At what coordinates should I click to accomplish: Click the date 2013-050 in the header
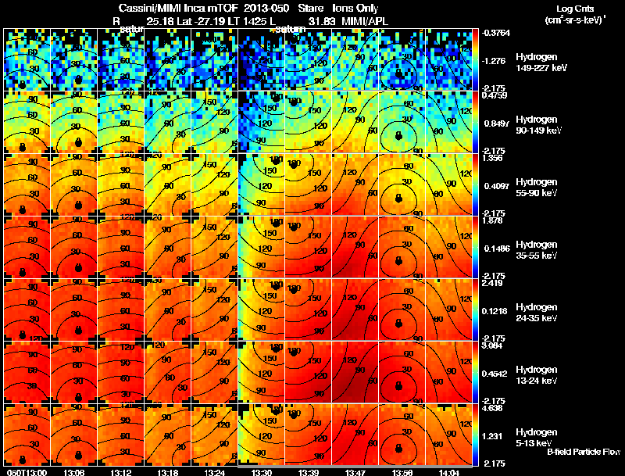pos(259,7)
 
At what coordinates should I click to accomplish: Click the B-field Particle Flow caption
pos(584,453)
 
